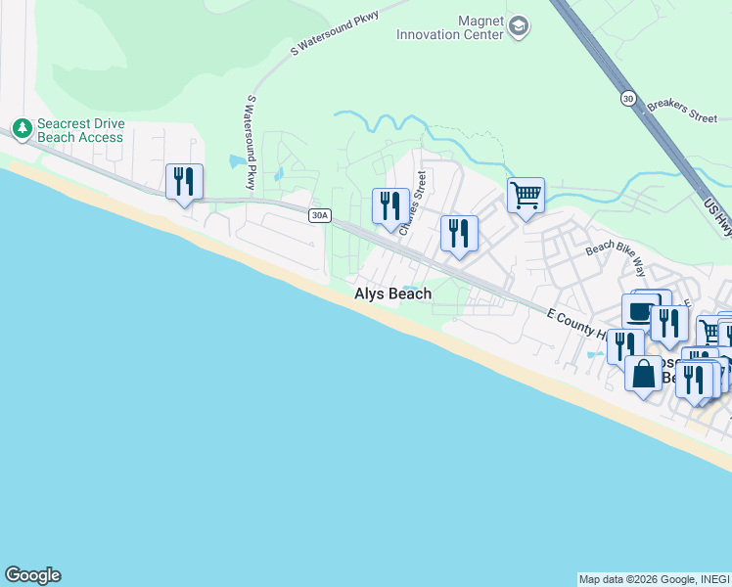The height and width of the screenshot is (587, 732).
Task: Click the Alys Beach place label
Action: (x=392, y=293)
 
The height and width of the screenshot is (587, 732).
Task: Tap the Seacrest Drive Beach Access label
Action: (x=80, y=131)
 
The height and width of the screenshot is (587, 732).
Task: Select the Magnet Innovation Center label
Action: (x=449, y=27)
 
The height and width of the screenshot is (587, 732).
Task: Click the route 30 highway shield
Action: (x=627, y=98)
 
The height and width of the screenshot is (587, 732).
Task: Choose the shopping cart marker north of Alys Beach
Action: (x=526, y=196)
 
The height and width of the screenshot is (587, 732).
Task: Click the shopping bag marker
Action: (x=643, y=374)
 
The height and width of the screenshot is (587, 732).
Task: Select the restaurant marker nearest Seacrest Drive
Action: (x=184, y=182)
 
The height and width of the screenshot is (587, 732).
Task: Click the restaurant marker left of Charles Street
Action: (x=390, y=206)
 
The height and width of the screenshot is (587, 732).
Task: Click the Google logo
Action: (x=32, y=575)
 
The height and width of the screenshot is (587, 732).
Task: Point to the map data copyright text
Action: (x=654, y=579)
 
